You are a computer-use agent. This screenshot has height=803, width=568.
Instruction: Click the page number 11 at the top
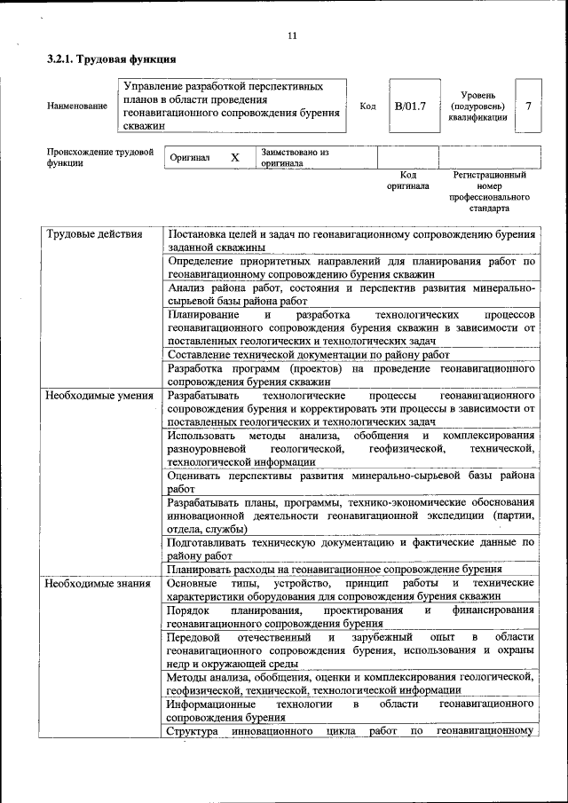[292, 35]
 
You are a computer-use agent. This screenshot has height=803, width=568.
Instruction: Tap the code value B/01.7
[410, 106]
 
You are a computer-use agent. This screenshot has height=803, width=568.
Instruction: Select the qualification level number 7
[528, 106]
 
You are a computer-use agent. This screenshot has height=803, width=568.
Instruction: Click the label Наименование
[77, 106]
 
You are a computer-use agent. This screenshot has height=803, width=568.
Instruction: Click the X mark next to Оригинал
[235, 158]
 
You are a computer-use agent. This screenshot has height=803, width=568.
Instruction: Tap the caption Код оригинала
[407, 181]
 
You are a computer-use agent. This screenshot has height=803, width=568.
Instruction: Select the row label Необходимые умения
[99, 394]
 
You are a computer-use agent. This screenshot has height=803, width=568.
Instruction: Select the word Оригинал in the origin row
[191, 158]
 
